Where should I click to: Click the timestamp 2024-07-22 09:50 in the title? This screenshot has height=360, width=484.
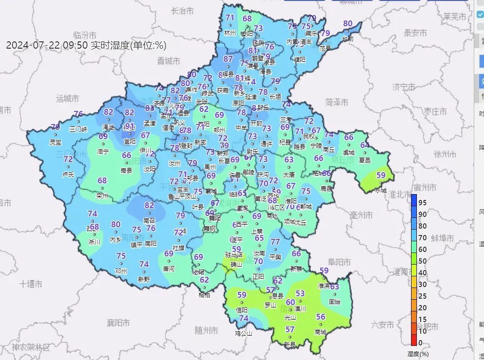click(x=47, y=45)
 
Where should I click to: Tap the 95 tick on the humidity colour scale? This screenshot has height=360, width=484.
click(x=423, y=202)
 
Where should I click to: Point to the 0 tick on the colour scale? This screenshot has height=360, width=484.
click(x=421, y=342)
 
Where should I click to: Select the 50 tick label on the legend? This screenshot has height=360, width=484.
click(x=423, y=261)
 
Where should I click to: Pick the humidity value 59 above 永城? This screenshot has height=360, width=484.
click(x=381, y=175)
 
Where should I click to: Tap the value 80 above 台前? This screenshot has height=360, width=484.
click(x=347, y=23)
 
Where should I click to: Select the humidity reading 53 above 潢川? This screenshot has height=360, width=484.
click(x=300, y=293)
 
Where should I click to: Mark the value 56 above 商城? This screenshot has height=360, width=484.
click(x=321, y=317)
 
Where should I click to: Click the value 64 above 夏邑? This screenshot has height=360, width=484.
click(x=364, y=145)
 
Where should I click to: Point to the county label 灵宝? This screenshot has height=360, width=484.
click(x=55, y=143)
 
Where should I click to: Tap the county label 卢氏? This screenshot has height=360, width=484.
click(x=69, y=174)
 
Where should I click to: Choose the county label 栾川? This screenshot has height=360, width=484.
click(x=102, y=196)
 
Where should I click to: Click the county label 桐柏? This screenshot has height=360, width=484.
click(x=205, y=295)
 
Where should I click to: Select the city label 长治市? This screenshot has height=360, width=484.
click(x=183, y=10)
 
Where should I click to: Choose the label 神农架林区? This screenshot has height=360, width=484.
click(x=31, y=347)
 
